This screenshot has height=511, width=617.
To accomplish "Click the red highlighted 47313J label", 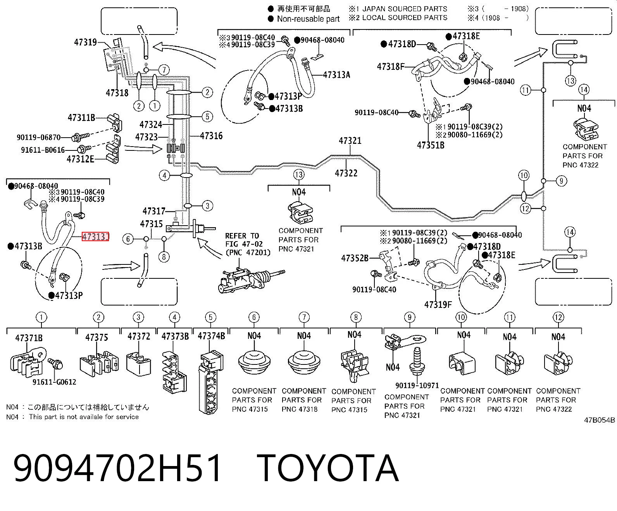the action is pos(95,237).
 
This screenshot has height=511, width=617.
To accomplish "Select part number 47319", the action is pos(85,42).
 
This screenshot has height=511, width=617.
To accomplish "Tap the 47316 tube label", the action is pos(211,136).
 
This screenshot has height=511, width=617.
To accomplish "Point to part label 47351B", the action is pos(431,145).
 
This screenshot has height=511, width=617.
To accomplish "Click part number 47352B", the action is pos(355,258).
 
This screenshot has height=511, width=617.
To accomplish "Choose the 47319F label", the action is pos(438,304).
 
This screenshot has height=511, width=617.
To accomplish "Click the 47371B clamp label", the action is pos(29,338).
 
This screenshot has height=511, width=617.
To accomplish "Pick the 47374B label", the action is pos(211,336).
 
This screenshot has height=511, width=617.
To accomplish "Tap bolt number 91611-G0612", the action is pos(54,382).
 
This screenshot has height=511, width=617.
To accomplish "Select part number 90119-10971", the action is pos(417,385).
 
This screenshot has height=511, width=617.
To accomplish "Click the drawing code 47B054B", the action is pos(599,420).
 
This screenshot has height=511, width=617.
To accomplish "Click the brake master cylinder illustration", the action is pos(251,280).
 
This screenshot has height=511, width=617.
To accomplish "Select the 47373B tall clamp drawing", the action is pos(174,372).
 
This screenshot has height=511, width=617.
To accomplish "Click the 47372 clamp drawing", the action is pos(139,363).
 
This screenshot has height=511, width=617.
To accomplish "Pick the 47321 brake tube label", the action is pos(350,140).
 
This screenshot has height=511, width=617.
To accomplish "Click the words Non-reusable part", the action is pos(308,19).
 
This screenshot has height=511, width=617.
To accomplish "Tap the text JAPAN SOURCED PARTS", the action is pos(405,9).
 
